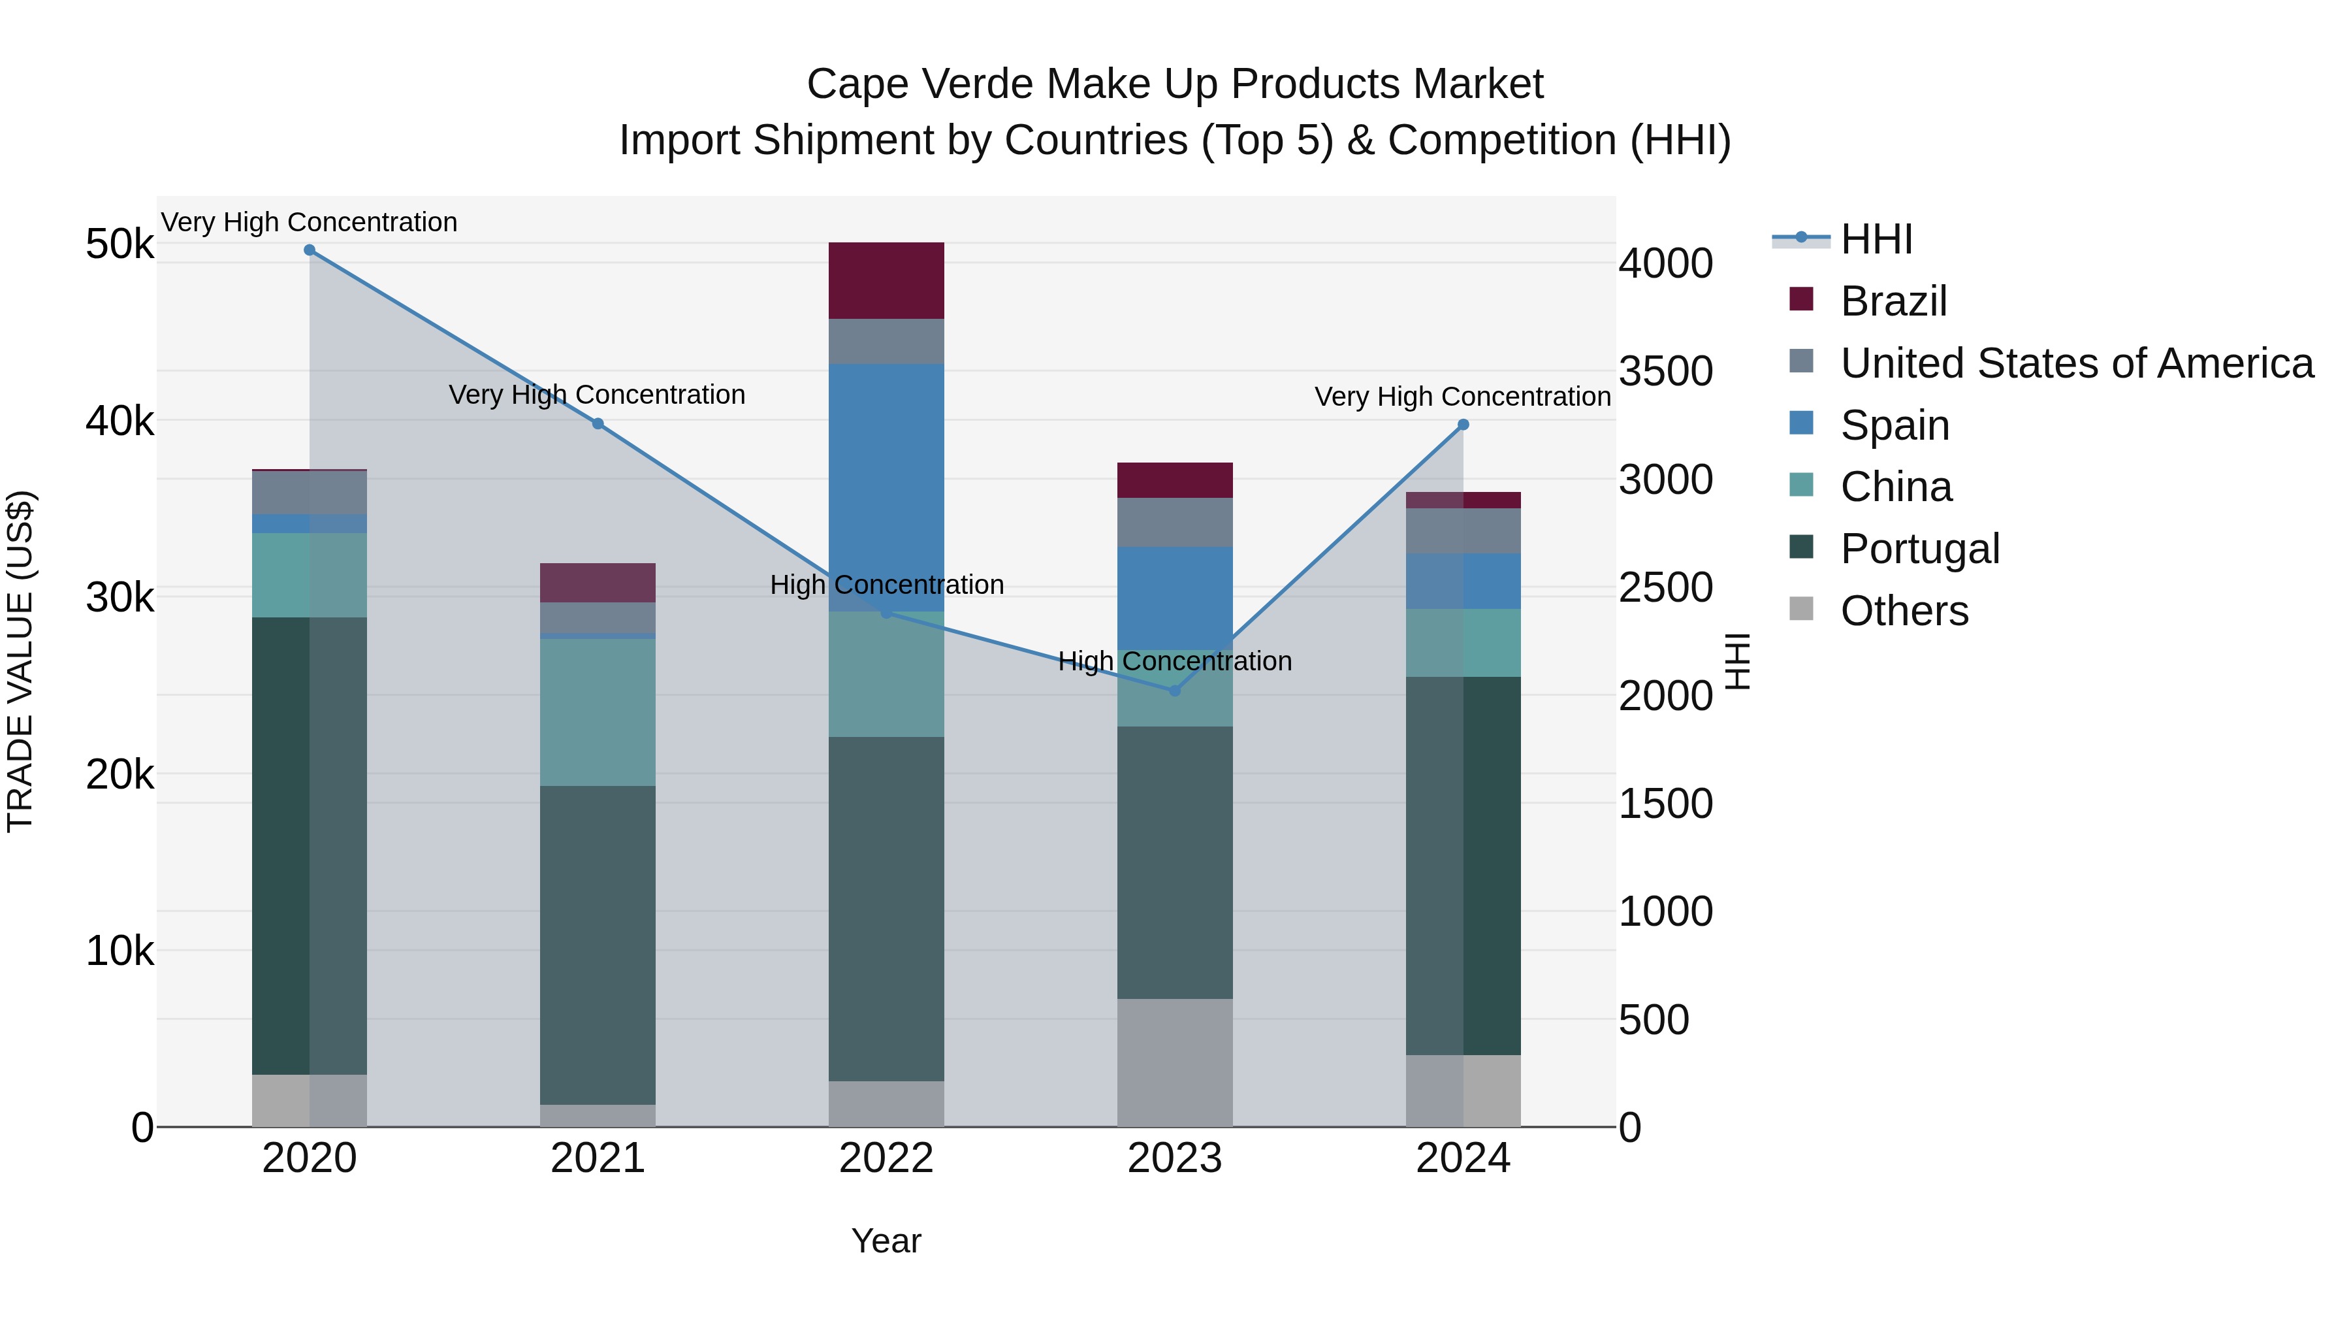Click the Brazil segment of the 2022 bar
tap(886, 280)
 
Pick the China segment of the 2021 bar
tap(598, 712)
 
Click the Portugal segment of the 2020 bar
tap(310, 845)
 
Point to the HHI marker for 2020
tap(310, 250)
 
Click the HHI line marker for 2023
tap(1175, 691)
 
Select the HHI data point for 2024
tap(1463, 425)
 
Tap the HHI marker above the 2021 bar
tap(598, 423)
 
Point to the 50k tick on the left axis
tap(120, 245)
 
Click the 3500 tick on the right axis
tap(1665, 372)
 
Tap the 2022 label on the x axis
tap(886, 1158)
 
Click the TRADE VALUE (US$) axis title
tap(20, 661)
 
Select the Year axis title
tap(886, 1241)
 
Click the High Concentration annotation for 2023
tap(1175, 661)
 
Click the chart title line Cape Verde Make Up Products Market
tap(1175, 84)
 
